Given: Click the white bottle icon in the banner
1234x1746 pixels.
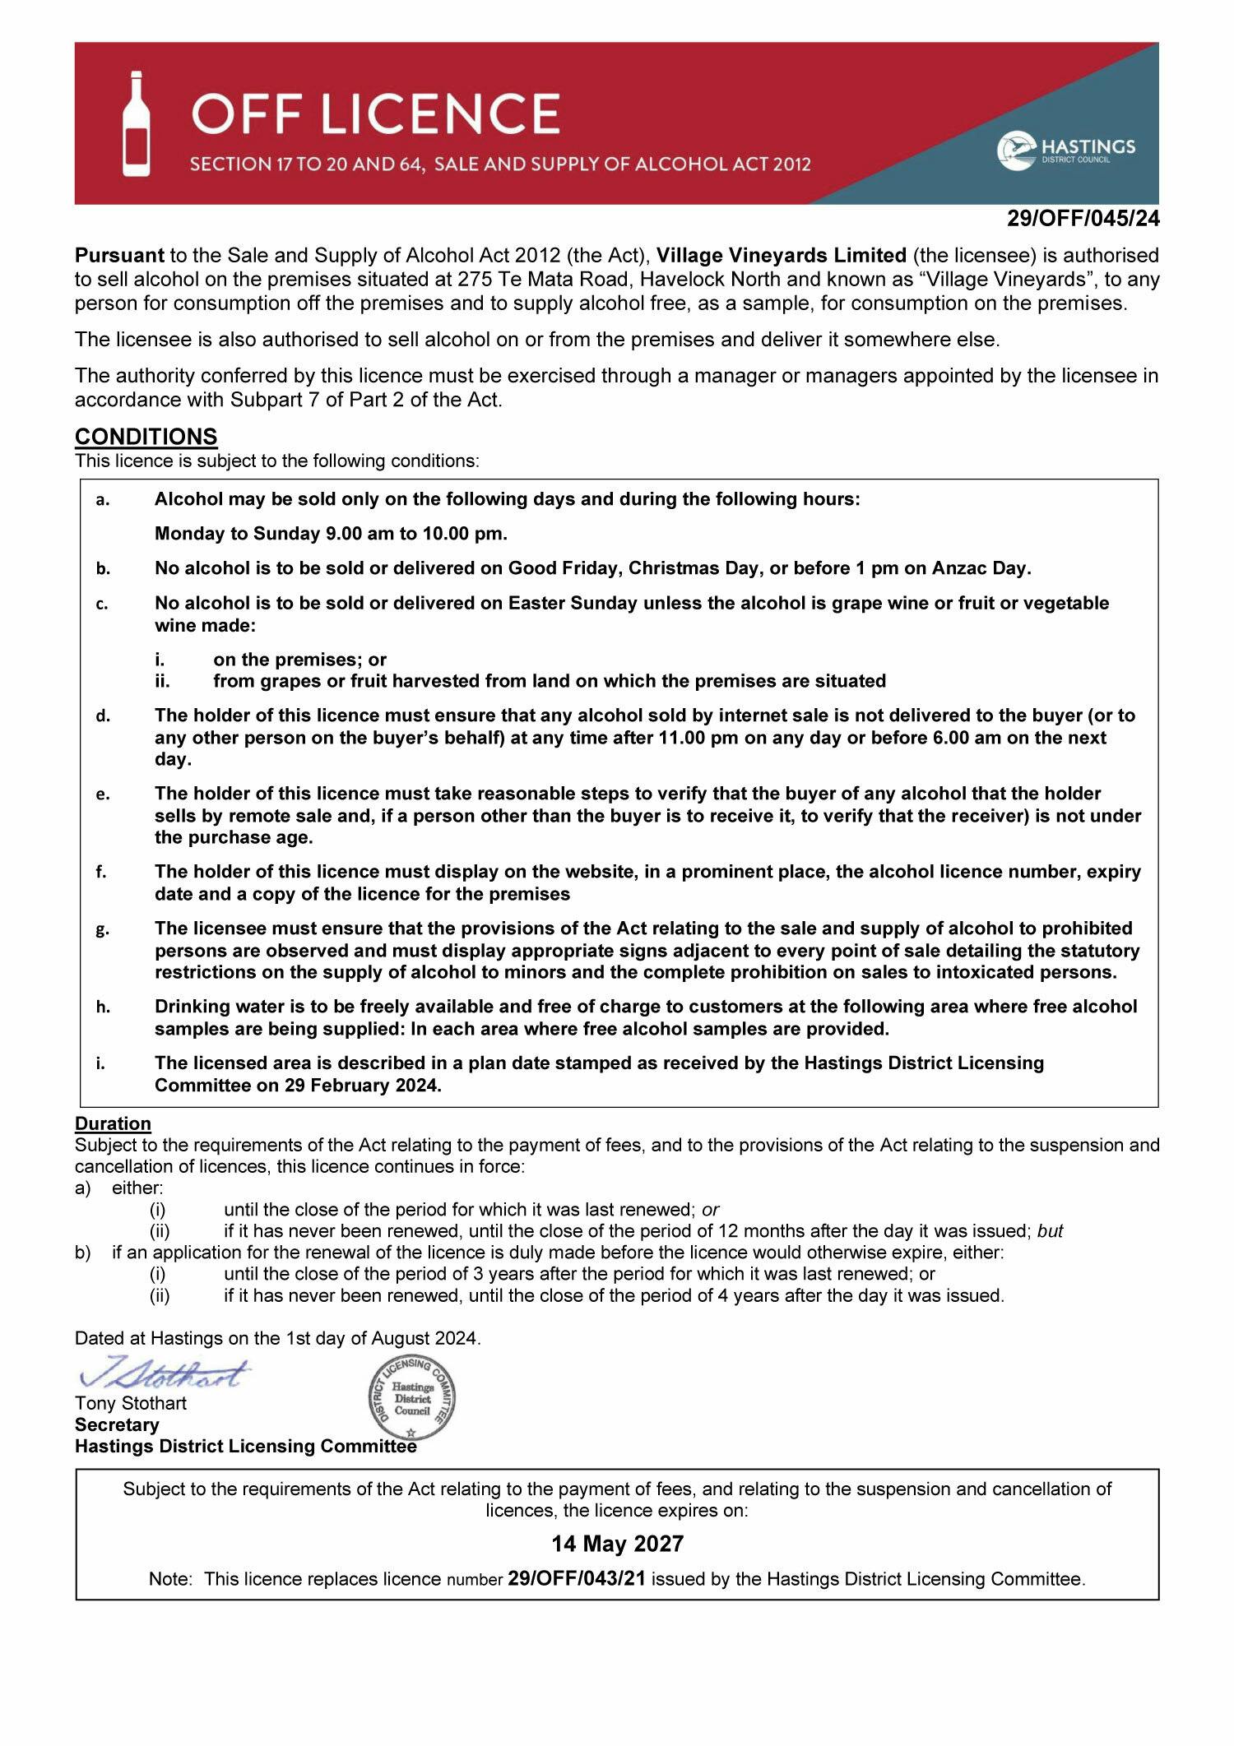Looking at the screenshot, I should pos(137,123).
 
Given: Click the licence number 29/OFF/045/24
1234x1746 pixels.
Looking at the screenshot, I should pos(1083,219).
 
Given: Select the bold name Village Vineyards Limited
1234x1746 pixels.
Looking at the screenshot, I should pos(781,255).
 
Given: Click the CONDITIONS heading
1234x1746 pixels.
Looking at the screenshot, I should pos(146,436).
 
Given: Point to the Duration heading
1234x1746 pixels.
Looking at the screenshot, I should pos(113,1123).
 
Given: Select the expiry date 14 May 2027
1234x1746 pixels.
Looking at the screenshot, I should pos(617,1544).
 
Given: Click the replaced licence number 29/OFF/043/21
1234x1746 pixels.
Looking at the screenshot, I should pos(576,1579).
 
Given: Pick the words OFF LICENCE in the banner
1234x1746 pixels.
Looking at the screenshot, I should pos(376,113).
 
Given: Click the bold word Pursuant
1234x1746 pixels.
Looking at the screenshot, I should pos(119,255).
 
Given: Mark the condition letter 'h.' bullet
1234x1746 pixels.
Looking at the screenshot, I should pos(103,1007).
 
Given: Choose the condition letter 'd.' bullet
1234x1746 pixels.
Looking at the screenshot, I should pos(103,716).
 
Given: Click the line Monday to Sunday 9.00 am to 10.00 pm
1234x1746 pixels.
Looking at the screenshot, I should pos(331,534).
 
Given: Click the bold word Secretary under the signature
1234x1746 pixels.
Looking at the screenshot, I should pos(117,1424).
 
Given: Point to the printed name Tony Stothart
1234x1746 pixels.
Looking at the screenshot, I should pos(130,1403).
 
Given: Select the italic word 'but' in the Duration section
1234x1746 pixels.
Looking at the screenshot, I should pos(1050,1231).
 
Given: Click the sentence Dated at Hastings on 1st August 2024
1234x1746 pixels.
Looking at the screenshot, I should pos(277,1338).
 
